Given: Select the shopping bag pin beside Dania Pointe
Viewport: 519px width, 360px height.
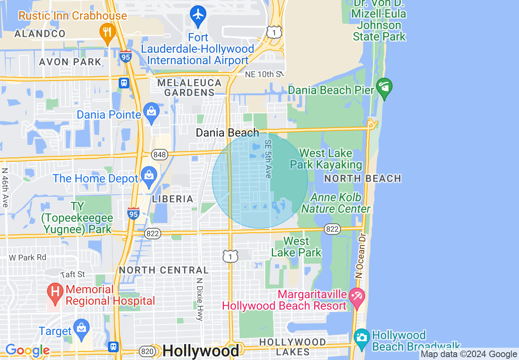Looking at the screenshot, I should (151, 112).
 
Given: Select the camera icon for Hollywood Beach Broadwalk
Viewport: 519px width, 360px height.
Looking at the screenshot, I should (362, 338).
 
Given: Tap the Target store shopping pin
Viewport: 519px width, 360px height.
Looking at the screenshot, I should (81, 329).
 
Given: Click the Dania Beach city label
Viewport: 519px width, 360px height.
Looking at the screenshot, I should (227, 133).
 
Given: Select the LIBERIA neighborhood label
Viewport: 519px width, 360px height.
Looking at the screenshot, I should (172, 199).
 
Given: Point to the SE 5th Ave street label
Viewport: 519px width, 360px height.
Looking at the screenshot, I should (268, 159).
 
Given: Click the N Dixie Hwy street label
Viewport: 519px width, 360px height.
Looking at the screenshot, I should (199, 299).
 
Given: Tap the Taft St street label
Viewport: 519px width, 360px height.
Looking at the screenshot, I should (72, 274).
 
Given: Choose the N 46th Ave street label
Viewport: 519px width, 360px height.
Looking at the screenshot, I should (5, 188).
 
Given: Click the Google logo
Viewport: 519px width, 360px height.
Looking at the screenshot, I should (27, 351).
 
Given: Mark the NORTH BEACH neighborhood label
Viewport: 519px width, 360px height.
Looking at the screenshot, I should (362, 178).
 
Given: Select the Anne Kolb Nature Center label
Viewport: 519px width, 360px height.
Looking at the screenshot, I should (336, 203).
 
